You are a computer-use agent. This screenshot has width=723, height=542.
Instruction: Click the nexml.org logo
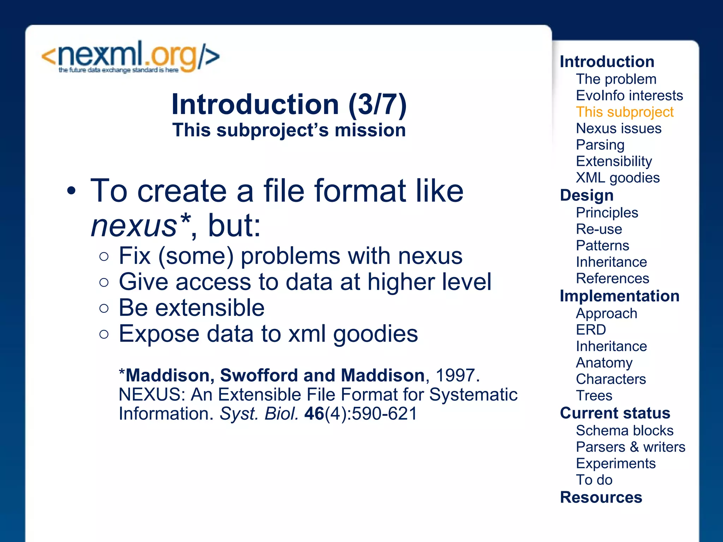pyautogui.click(x=131, y=57)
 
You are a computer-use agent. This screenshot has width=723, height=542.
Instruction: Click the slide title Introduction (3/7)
pyautogui.click(x=289, y=104)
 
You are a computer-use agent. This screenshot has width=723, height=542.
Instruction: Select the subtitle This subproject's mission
pyautogui.click(x=289, y=130)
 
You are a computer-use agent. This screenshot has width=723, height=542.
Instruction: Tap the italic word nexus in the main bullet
pyautogui.click(x=134, y=226)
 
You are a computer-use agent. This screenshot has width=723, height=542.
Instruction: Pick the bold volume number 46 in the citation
pyautogui.click(x=314, y=414)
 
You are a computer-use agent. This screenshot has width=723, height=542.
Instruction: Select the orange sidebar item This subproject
pyautogui.click(x=625, y=112)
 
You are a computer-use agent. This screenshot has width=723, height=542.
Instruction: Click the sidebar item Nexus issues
pyautogui.click(x=619, y=128)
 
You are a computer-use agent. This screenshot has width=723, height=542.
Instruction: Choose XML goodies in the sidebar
pyautogui.click(x=617, y=177)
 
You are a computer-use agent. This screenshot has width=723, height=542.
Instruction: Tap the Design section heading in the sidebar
pyautogui.click(x=587, y=195)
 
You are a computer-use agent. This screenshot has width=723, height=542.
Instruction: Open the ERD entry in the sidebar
pyautogui.click(x=591, y=330)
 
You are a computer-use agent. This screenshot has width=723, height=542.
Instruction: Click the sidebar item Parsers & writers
pyautogui.click(x=631, y=447)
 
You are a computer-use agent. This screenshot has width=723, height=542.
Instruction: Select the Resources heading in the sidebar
pyautogui.click(x=601, y=498)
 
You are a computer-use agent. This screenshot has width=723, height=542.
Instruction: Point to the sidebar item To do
pyautogui.click(x=594, y=480)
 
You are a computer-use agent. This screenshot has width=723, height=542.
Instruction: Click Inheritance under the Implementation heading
pyautogui.click(x=611, y=346)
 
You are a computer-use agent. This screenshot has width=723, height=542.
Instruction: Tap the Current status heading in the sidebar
pyautogui.click(x=615, y=413)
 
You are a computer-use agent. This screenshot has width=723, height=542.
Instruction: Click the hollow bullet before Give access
pyautogui.click(x=104, y=282)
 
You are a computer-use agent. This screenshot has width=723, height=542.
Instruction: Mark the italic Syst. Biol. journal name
pyautogui.click(x=259, y=414)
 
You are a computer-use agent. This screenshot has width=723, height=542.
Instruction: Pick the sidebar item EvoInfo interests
pyautogui.click(x=629, y=96)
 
